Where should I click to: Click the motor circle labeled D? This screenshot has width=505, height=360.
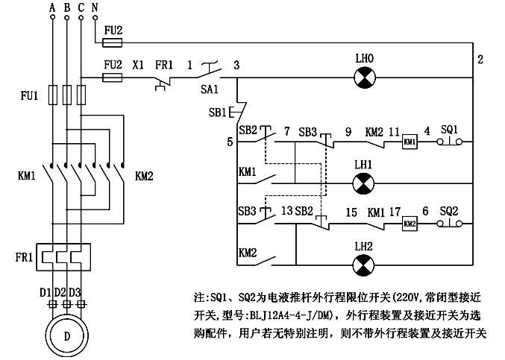coord(67,336)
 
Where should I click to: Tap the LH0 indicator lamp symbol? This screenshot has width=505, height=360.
coord(363,76)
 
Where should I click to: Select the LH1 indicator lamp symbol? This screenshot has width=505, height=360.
coord(363,182)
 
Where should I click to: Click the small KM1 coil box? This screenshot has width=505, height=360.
coord(409,141)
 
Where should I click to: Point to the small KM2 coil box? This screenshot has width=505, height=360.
coord(409,223)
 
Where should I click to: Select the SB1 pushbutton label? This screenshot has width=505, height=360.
coord(217,113)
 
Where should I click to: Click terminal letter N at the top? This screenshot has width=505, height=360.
coord(93,7)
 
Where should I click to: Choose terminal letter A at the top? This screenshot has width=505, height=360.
coord(52,7)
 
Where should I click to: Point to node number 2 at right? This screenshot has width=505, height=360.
coord(480,60)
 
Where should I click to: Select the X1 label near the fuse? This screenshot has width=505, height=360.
coord(138,65)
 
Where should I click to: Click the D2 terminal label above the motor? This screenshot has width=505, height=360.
coord(66,291)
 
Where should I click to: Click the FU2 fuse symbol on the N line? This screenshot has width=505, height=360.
coord(113,42)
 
